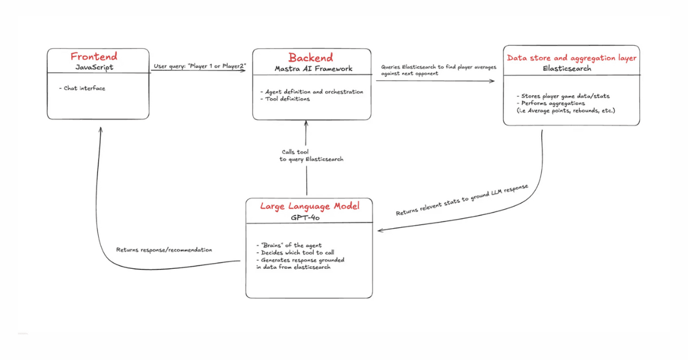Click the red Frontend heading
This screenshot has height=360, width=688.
click(x=94, y=57)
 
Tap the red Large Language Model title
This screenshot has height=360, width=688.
click(x=310, y=206)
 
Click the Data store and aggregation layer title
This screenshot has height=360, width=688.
click(x=572, y=58)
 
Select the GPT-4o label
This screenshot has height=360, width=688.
click(x=309, y=218)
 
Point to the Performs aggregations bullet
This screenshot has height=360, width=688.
click(x=550, y=103)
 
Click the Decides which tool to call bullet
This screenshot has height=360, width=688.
click(x=295, y=253)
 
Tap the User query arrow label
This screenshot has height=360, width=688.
click(x=200, y=66)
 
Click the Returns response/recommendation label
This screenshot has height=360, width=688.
click(x=164, y=250)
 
